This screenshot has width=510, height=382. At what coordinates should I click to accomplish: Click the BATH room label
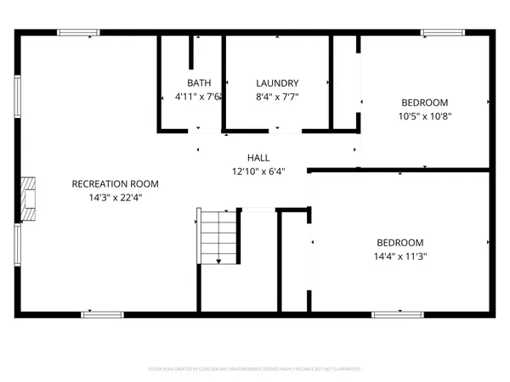[199, 83]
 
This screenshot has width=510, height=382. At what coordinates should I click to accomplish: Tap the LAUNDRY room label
[277, 83]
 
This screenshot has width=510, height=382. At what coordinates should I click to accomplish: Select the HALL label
[258, 158]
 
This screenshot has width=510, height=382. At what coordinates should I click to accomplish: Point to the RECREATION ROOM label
[115, 184]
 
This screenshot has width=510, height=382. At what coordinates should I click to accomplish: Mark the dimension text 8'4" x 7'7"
[277, 97]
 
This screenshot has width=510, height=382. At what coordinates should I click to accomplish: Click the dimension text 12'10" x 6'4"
[259, 171]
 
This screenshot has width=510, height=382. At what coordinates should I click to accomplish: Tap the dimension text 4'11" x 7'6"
[199, 97]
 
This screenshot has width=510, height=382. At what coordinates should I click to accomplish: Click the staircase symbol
[219, 237]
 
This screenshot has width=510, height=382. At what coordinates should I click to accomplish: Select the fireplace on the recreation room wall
[29, 199]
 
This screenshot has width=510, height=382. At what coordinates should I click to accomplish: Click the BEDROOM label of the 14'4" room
[399, 242]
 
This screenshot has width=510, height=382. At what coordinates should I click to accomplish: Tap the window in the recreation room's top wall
[79, 33]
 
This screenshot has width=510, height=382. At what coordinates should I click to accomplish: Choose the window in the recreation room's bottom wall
[102, 315]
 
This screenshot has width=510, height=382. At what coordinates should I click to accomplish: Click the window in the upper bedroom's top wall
[442, 33]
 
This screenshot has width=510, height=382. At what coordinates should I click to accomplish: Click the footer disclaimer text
[255, 369]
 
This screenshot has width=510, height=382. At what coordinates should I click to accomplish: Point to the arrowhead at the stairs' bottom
[219, 262]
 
